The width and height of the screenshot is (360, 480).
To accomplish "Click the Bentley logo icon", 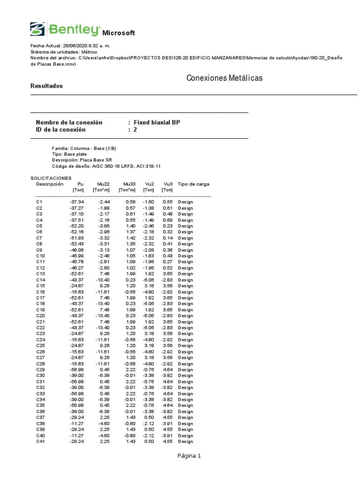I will click(x=37, y=29).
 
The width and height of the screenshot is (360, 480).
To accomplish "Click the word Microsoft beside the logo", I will click(x=119, y=33).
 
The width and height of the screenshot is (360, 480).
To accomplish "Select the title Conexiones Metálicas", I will click(x=225, y=78).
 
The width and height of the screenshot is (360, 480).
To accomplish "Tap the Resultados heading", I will click(x=46, y=86).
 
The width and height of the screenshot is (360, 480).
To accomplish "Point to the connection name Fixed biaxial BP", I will click(x=157, y=122).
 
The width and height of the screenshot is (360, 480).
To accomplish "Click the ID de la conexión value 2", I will click(x=135, y=130).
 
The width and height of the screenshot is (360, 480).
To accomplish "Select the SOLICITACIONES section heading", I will click(x=51, y=178).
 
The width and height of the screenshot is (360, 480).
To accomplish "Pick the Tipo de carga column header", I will click(x=194, y=184).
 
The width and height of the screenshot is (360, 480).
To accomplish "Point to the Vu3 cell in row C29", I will click(x=168, y=369).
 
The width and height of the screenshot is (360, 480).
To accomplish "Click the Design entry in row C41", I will click(x=185, y=441).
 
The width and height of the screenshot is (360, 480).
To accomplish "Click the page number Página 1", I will click(x=189, y=456).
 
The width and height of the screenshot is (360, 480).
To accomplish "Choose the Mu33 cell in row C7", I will click(x=129, y=238).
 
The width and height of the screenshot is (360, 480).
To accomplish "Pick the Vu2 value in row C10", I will click(x=148, y=255).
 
